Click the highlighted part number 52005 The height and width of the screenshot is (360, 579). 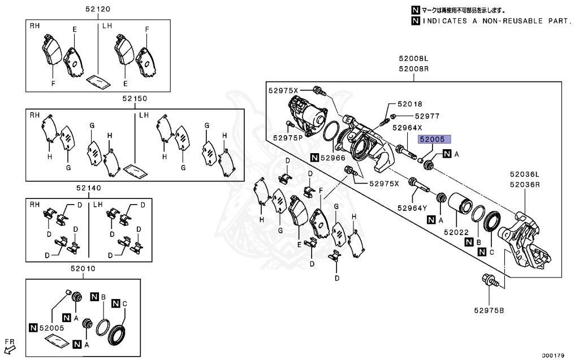tap(434, 139)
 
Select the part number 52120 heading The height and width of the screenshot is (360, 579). tap(97, 9)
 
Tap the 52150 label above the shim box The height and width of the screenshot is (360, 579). tap(135, 98)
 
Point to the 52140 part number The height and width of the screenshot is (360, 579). tap(89, 188)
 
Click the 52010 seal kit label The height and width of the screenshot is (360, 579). tap(83, 268)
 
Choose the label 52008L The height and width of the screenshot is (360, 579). tap(413, 58)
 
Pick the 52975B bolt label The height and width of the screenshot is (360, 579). tap(489, 310)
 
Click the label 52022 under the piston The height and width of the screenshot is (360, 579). tap(456, 232)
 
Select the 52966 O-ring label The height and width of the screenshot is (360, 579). tap(332, 158)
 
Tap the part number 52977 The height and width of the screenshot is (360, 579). tap(427, 116)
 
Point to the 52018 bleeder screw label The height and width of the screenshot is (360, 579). tap(410, 104)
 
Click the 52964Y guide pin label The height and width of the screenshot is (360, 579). tap(412, 208)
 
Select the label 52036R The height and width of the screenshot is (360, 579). tap(525, 184)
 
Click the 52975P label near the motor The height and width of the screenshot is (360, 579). tap(288, 138)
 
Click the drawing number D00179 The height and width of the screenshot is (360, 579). tap(553, 355)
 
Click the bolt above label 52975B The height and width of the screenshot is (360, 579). tap(491, 281)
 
